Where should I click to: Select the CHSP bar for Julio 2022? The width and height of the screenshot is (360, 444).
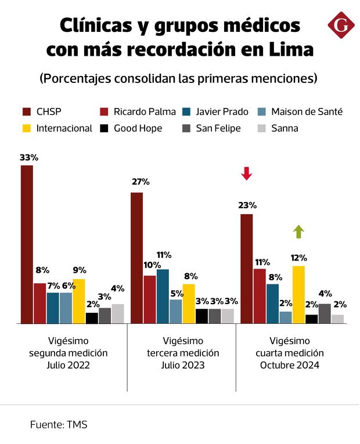[27, 244]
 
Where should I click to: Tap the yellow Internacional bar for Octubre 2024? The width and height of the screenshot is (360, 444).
[299, 294]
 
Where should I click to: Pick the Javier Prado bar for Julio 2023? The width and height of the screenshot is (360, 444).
[163, 296]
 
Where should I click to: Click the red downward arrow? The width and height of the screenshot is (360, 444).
[247, 173]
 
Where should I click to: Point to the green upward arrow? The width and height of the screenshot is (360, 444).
[299, 232]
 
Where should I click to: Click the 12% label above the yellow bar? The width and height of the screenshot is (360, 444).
[299, 257]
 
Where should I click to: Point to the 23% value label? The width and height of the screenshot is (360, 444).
[247, 205]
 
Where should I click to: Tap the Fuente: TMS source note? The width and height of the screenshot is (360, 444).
[59, 425]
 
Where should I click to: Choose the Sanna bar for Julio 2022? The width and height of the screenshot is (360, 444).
[118, 313]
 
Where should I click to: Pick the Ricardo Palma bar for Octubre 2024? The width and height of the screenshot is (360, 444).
[260, 296]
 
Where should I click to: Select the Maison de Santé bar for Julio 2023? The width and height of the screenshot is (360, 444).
[176, 311]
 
